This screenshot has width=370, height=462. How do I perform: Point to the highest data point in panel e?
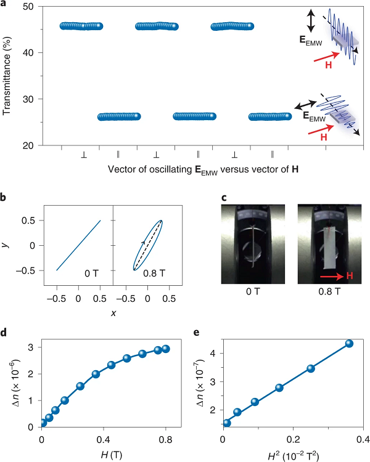(x=350, y=343)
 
